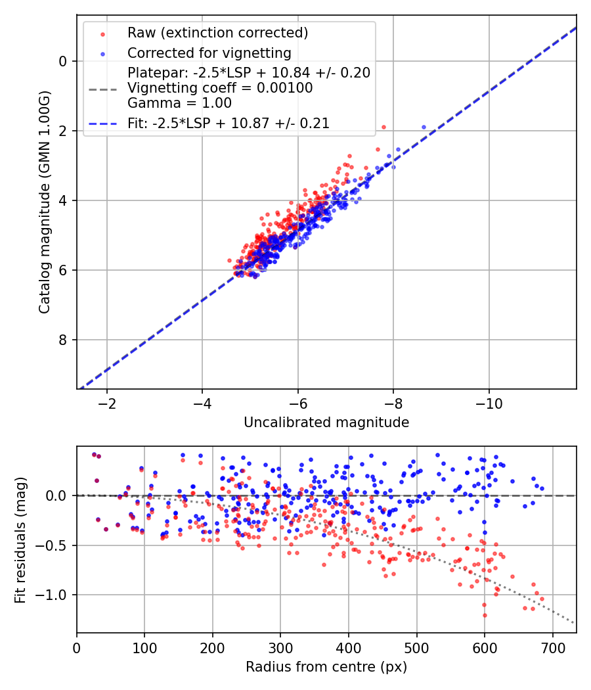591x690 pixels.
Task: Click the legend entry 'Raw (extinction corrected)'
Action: pyautogui.click(x=218, y=33)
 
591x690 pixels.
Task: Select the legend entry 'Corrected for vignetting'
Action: pyautogui.click(x=209, y=53)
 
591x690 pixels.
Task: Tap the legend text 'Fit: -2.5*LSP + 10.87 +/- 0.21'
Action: pyautogui.click(x=229, y=123)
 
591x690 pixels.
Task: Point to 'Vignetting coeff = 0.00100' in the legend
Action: pyautogui.click(x=220, y=87)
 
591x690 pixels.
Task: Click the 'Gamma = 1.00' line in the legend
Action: pyautogui.click(x=179, y=103)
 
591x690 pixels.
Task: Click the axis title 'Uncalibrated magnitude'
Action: pyautogui.click(x=326, y=423)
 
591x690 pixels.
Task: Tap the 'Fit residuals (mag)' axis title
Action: pyautogui.click(x=20, y=540)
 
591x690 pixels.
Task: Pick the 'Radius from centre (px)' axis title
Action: pyautogui.click(x=326, y=667)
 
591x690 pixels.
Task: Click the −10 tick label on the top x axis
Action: pyautogui.click(x=488, y=402)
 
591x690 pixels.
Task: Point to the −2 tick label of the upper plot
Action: pyautogui.click(x=106, y=402)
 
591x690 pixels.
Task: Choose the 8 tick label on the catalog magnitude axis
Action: pyautogui.click(x=63, y=340)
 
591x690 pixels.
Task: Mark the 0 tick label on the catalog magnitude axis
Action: pyautogui.click(x=63, y=61)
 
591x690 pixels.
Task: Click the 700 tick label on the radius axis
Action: pyautogui.click(x=552, y=647)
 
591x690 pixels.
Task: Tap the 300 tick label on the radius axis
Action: pyautogui.click(x=280, y=647)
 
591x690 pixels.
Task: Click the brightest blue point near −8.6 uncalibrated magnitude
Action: pyautogui.click(x=424, y=127)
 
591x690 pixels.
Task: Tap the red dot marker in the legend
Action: pyautogui.click(x=102, y=33)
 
